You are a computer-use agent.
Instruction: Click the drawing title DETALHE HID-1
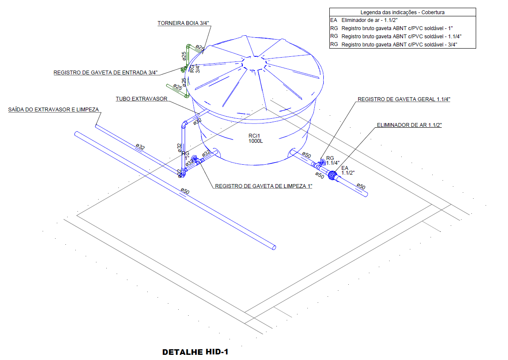click(x=195, y=352)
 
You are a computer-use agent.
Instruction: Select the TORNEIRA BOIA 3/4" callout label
click(x=183, y=23)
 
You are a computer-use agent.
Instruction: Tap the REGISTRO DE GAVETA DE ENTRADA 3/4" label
click(x=105, y=73)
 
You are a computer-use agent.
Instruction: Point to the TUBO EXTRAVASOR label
click(x=141, y=99)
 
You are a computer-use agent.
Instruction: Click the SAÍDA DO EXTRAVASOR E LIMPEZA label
click(x=54, y=110)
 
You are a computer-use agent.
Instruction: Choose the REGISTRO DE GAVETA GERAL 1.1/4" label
click(x=403, y=99)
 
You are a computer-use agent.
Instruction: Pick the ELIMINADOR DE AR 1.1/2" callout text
click(x=409, y=125)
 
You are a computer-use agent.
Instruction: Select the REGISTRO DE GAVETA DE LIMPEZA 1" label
click(x=263, y=186)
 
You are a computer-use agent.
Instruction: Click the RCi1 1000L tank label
click(x=255, y=138)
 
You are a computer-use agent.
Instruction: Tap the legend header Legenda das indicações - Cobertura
click(x=403, y=12)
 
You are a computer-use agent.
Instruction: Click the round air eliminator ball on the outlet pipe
click(x=332, y=175)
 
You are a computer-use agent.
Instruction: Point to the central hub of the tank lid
click(x=254, y=63)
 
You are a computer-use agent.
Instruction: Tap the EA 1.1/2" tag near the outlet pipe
click(x=347, y=170)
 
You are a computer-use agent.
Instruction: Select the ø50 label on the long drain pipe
click(x=185, y=191)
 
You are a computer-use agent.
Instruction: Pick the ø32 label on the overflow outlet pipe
click(x=140, y=147)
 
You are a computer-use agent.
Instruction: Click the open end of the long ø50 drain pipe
click(x=274, y=247)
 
